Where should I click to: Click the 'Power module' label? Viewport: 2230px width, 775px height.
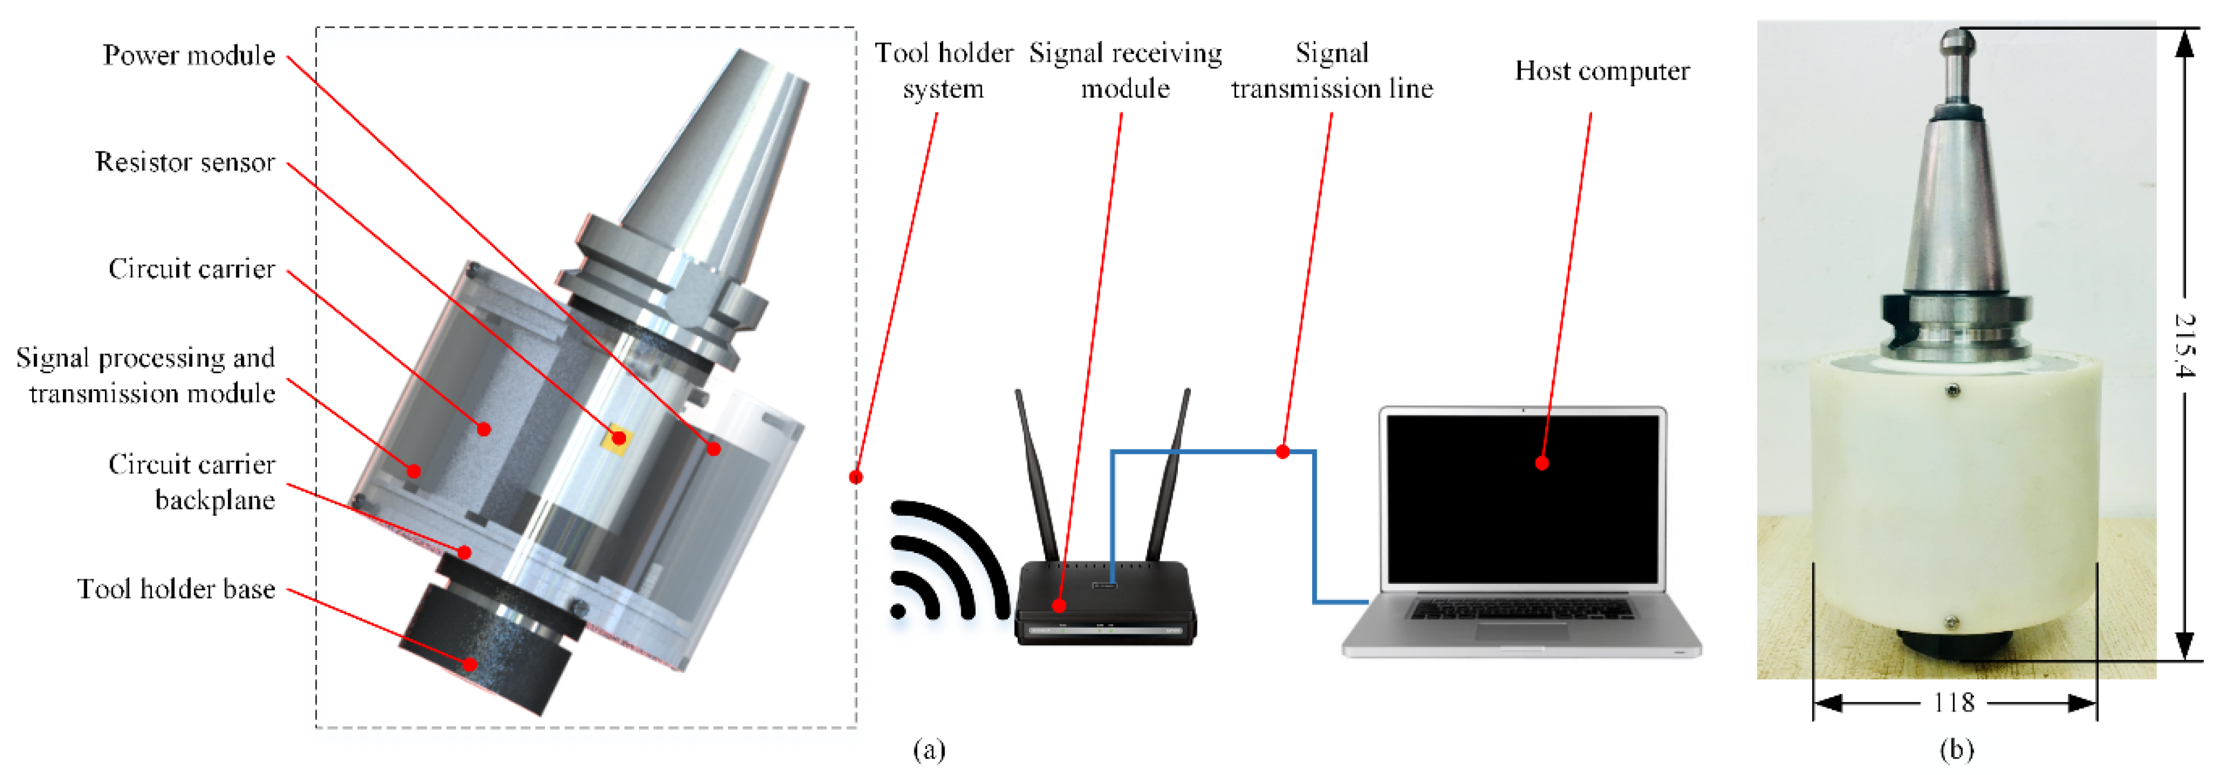(189, 55)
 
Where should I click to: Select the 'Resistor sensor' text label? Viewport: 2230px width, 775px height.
(185, 163)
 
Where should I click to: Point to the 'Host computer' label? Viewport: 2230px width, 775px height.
(1602, 71)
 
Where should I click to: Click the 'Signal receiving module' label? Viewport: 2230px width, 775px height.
(1124, 71)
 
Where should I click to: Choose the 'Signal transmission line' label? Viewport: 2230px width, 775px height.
(1332, 71)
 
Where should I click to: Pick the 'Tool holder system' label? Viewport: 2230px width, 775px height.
(943, 71)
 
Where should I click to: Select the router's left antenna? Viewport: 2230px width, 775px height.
(1037, 477)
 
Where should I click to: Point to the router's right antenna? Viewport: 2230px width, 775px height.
(1168, 477)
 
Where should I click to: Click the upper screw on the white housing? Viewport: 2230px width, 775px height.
(1953, 390)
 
